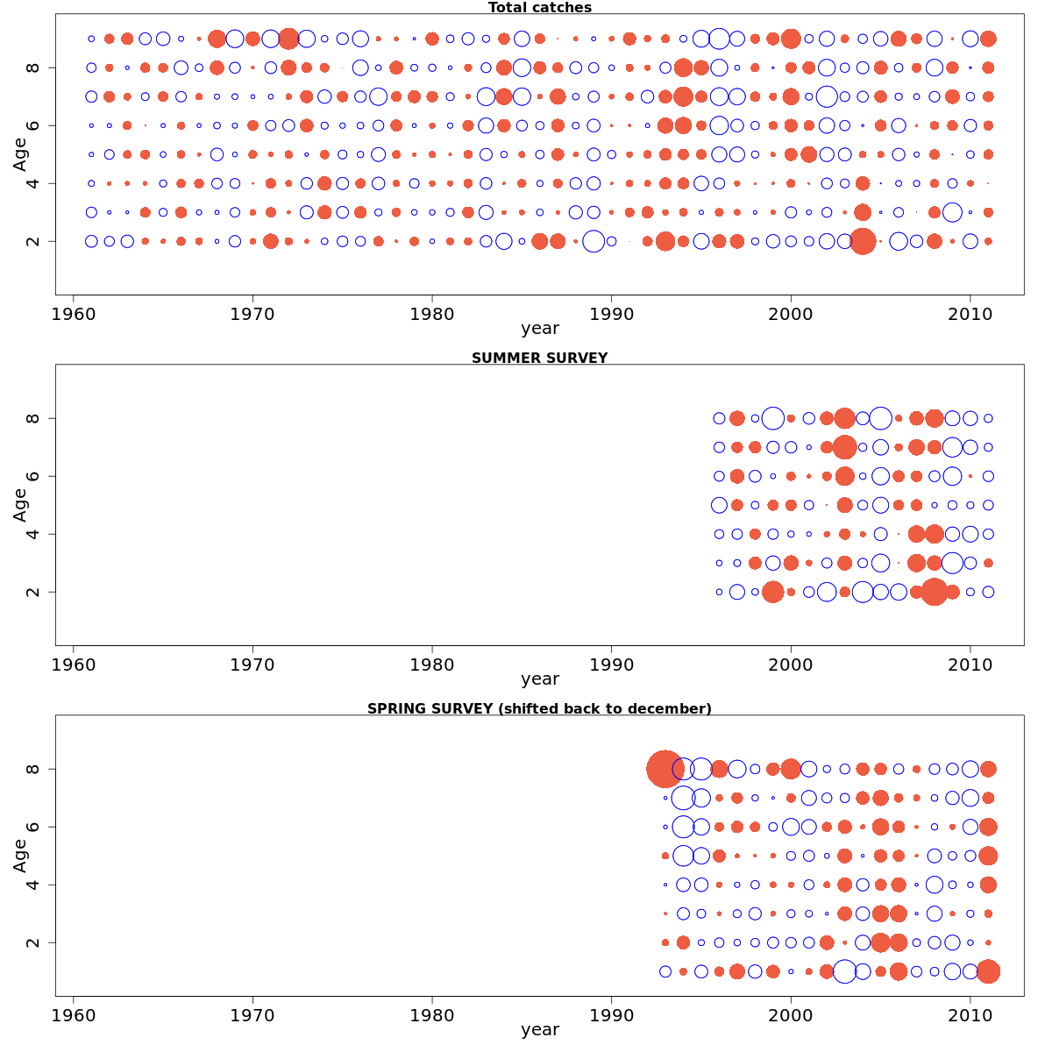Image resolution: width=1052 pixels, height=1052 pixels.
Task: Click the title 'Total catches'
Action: coord(539,8)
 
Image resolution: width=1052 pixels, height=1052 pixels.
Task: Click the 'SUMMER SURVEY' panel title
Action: coord(539,359)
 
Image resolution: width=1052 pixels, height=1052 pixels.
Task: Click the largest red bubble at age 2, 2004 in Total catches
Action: coord(863,241)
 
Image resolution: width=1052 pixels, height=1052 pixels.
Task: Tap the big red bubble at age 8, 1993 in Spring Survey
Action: coord(665,769)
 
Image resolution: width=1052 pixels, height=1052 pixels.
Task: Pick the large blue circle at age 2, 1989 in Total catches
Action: coord(594,241)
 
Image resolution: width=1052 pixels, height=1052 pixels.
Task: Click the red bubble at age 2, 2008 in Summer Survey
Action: coord(934,592)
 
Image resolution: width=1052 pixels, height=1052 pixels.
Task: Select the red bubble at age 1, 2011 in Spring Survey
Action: coord(988,971)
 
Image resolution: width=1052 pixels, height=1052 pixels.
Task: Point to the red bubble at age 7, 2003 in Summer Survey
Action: coord(844,447)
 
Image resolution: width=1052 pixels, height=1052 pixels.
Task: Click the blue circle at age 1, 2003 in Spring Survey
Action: coord(844,971)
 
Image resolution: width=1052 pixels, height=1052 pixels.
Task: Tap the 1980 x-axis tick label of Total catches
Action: coord(432,314)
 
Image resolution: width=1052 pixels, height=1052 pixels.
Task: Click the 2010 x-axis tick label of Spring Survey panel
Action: coord(970,1015)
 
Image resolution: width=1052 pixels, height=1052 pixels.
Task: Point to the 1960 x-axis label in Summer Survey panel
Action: coord(74,665)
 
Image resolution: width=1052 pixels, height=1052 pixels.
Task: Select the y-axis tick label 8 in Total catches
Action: coord(33,68)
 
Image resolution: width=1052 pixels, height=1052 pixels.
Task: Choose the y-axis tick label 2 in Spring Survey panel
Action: coord(33,942)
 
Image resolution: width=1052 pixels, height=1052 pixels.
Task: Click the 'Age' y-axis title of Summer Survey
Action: coord(19,505)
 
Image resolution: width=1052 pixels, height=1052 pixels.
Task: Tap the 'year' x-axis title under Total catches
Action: coord(539,330)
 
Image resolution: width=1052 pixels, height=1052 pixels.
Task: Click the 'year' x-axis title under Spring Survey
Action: coord(539,1030)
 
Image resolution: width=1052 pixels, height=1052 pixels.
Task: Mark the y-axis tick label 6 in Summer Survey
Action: coord(33,476)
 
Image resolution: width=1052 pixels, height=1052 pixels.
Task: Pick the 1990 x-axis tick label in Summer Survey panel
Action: coord(611,665)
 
